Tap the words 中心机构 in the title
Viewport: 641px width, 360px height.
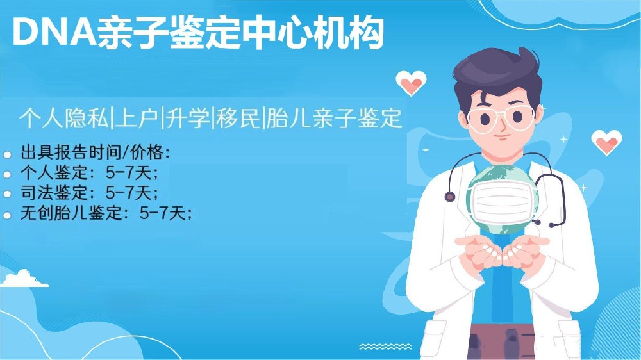pyautogui.click(x=314, y=32)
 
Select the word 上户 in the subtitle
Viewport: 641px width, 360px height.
pyautogui.click(x=137, y=118)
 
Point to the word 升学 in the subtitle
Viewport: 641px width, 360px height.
pyautogui.click(x=188, y=118)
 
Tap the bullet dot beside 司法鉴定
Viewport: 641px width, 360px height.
pyautogui.click(x=7, y=194)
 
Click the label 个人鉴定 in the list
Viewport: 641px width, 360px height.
pyautogui.click(x=54, y=173)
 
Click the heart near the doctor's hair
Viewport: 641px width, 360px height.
pyautogui.click(x=411, y=83)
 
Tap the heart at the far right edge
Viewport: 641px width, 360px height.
pyautogui.click(x=606, y=142)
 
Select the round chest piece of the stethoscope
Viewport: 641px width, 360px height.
pyautogui.click(x=450, y=197)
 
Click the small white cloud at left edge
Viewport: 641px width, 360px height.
pyautogui.click(x=24, y=279)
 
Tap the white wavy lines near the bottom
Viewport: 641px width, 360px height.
pyautogui.click(x=385, y=347)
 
